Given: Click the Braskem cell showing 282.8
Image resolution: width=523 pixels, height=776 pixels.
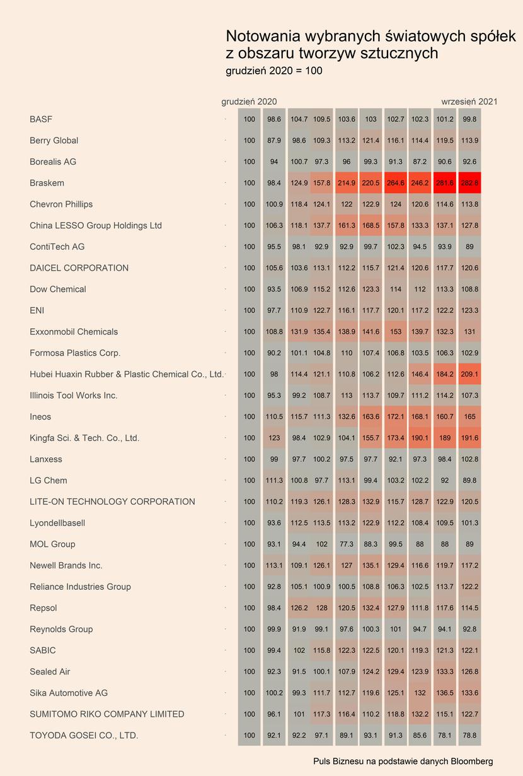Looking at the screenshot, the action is coord(469,182).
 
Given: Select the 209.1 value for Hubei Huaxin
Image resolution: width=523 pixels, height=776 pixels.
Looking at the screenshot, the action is coord(469,373).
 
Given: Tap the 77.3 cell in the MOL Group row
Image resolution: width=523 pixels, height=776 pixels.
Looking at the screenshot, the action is coord(346,544).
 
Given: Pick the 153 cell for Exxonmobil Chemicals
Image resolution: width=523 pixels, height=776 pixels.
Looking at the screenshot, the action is coord(395,331).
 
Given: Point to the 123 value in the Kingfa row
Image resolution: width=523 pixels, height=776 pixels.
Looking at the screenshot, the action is coord(274,438).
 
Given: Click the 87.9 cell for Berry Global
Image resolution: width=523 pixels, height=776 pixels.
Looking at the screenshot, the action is coord(274,140).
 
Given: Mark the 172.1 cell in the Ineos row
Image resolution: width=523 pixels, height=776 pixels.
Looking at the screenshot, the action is coord(395,416).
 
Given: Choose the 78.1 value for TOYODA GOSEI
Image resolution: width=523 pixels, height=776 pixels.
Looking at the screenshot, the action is coord(444,735).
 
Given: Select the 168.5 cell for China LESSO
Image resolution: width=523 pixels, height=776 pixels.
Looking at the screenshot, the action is coord(371,225).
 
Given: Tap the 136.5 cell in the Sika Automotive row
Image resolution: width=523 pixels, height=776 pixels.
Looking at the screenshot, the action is coord(444,693).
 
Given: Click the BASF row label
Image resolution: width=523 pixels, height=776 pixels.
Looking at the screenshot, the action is coord(41,119).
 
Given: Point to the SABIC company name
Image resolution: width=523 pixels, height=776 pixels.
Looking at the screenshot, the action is coord(43,650).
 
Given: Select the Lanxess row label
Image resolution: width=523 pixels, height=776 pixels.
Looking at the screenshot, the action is coord(46,459).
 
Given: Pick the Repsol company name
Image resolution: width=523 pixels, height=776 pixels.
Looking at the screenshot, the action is coord(43,608).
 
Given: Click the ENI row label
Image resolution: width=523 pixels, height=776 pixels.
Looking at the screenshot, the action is coord(37,310).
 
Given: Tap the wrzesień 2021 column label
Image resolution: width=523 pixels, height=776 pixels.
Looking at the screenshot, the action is coord(469,102).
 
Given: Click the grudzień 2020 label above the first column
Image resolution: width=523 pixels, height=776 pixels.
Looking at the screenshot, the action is coord(249,102).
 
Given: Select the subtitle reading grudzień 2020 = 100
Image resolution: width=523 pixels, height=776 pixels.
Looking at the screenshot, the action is coord(274,71).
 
